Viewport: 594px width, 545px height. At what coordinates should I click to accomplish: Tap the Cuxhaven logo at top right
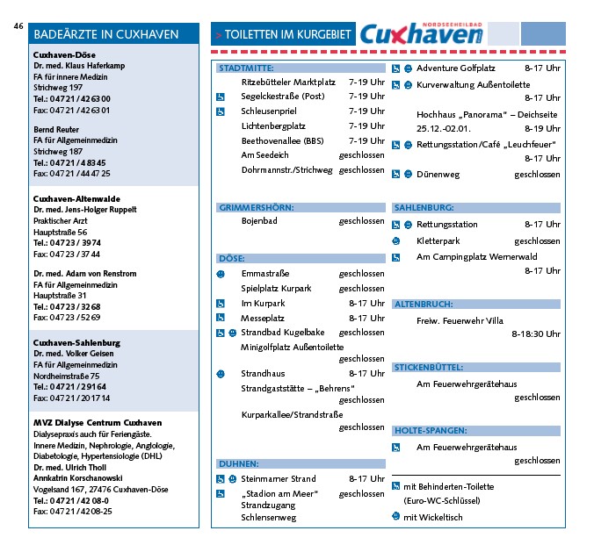point(421,35)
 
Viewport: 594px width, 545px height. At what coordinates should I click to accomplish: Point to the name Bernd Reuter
point(56,129)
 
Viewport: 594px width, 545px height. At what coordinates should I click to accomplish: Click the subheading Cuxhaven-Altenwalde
point(76,200)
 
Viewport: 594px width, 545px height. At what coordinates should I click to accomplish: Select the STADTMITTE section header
point(246,68)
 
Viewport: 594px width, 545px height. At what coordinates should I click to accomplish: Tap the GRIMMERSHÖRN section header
point(257,208)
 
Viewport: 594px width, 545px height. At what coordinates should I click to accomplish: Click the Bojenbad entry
point(259,221)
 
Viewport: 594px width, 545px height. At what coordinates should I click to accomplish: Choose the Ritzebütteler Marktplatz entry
point(287,82)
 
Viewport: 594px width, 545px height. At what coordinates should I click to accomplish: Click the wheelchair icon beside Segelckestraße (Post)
point(221,97)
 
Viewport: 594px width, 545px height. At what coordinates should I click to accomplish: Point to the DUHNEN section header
point(239,464)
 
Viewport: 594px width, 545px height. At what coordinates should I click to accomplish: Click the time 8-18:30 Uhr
point(535,334)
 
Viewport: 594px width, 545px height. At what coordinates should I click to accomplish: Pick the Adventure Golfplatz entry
point(455,68)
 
